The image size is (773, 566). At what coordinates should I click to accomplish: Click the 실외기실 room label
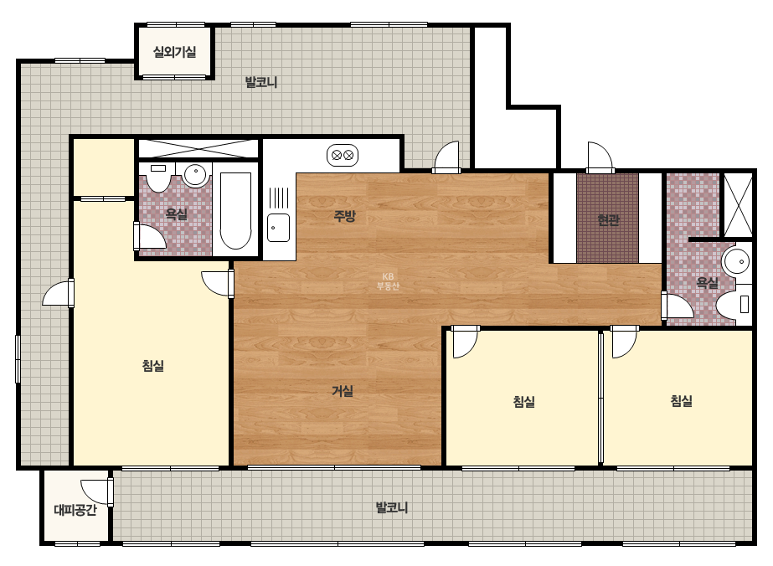point(174,52)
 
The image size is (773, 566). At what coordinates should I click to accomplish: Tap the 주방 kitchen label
point(344,216)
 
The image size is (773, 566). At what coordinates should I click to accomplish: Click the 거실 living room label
point(343,391)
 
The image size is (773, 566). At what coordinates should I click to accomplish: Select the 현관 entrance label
point(608,220)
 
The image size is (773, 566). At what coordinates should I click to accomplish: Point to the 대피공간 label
point(75,510)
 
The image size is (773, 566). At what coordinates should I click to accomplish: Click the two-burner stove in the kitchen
point(343,156)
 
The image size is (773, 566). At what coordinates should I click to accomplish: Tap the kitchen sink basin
point(279,228)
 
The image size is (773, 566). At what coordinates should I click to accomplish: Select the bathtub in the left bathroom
point(235,210)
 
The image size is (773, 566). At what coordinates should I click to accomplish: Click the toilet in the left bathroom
point(158,178)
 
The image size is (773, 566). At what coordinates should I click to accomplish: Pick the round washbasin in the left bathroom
point(195,174)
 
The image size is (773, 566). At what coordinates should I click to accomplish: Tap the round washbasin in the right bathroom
point(736,262)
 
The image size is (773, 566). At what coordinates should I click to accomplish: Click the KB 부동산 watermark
point(388,281)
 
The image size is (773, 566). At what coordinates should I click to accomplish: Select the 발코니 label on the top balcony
point(261,82)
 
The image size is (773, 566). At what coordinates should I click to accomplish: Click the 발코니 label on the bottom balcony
point(391,507)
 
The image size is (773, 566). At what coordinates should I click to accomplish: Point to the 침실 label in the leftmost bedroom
point(152,366)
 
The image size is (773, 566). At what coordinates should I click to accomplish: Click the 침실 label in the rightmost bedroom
point(682,401)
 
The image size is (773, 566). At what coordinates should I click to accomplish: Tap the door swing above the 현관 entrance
point(600,157)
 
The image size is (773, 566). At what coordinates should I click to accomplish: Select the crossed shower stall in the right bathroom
point(738,204)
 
